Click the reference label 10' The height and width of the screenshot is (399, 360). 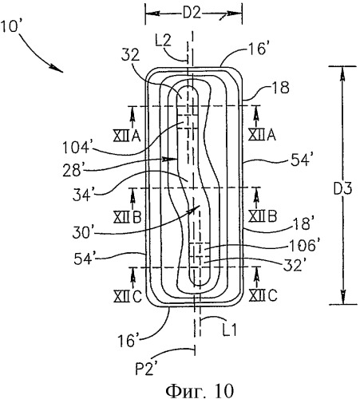click(10, 26)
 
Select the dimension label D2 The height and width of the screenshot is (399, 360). click(192, 13)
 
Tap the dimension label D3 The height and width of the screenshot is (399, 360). click(343, 188)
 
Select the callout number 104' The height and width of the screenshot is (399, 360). click(76, 148)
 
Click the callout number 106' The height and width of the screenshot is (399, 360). click(303, 245)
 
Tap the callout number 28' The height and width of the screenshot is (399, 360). click(72, 171)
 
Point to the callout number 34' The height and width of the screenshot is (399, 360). click(82, 196)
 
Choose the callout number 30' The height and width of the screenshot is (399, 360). click(81, 233)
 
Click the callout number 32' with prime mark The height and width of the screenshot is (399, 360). click(293, 265)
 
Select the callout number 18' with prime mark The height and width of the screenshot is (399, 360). click(302, 224)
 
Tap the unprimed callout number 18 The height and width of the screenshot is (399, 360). click(280, 88)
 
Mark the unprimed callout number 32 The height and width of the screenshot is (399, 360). click(130, 56)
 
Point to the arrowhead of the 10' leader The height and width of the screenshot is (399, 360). click(58, 69)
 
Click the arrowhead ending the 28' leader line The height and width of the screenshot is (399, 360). click(171, 159)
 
